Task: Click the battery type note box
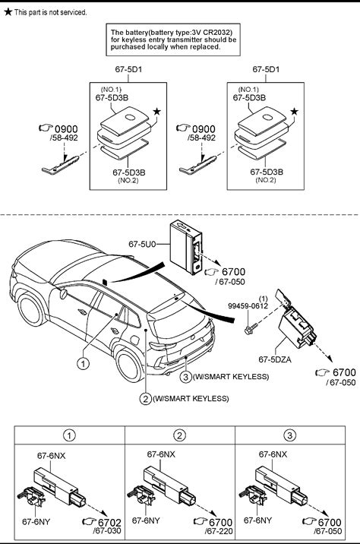point(173,40)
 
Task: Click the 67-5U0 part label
point(142,244)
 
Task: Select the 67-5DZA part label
point(275,359)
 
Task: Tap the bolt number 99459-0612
point(248,305)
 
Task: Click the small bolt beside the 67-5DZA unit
point(251,328)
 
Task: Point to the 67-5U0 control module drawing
point(185,248)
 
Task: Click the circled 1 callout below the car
point(83,364)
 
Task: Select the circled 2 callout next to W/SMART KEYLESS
point(146,399)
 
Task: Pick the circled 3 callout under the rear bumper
point(186,376)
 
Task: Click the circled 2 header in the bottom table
point(180,435)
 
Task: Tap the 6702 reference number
point(109,522)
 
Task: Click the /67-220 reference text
point(219,531)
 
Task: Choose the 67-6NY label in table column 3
point(257,520)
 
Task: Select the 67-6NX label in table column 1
point(52,456)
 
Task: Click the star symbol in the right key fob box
point(294,111)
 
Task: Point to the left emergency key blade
point(60,165)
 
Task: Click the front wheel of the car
point(32,309)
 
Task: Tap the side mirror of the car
point(63,294)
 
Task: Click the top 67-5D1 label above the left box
point(128,69)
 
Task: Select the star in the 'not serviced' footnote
point(8,12)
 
